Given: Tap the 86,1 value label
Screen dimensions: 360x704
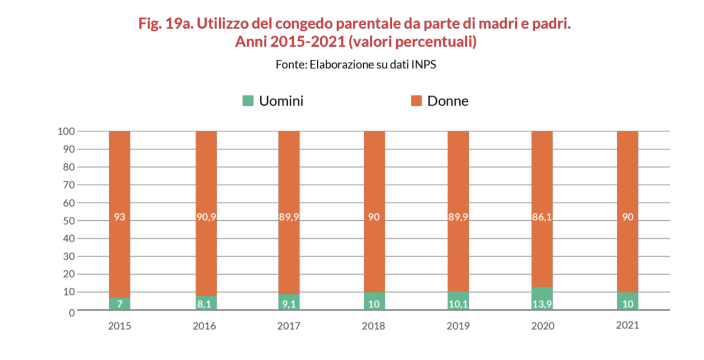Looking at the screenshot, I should [x=542, y=217].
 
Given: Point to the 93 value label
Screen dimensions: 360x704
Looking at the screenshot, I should [x=120, y=217].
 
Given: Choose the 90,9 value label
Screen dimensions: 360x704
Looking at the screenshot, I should [x=206, y=217].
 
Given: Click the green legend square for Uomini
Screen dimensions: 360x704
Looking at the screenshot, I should [x=248, y=101].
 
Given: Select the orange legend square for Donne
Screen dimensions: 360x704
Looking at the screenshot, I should [x=416, y=101].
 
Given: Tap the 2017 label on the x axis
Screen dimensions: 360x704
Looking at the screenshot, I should [x=289, y=326].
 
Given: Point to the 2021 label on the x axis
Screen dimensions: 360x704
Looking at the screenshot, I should [x=628, y=325].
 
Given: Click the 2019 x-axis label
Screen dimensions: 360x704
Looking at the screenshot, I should [x=458, y=326].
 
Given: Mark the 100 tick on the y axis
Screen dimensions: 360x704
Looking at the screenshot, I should [x=66, y=131].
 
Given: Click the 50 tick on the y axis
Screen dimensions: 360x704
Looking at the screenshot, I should [x=68, y=221].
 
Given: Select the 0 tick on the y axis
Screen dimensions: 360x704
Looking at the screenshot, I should [x=72, y=312].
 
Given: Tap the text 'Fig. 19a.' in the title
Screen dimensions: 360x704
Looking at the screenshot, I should [x=164, y=23].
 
